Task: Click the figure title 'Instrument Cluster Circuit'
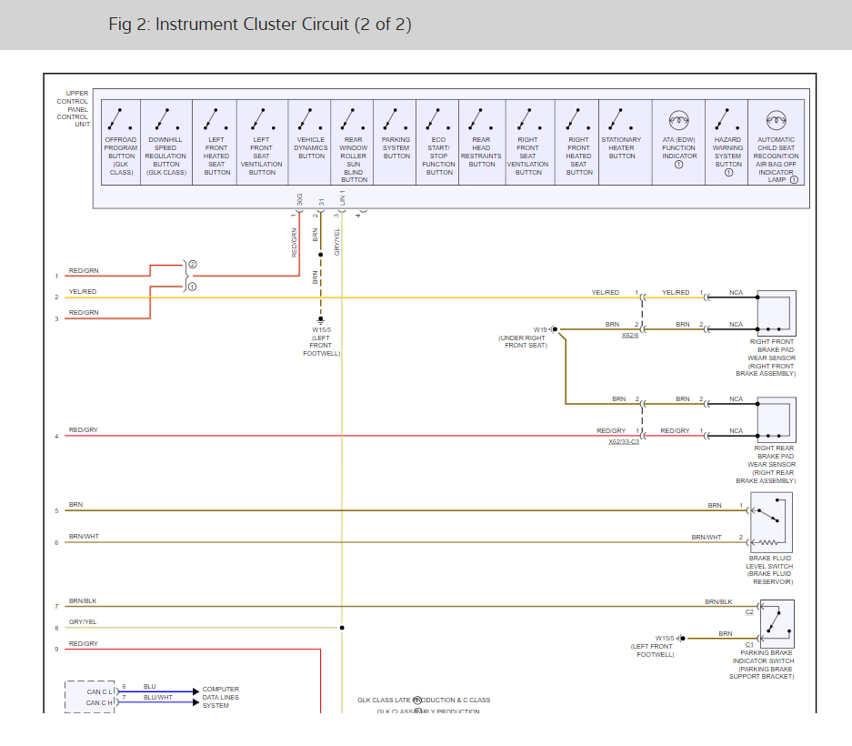click(x=260, y=25)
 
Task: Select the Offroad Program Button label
click(x=121, y=156)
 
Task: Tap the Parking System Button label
click(x=396, y=147)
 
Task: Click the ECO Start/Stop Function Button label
click(x=439, y=156)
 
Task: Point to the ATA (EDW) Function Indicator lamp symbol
click(x=678, y=118)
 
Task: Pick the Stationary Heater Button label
click(x=621, y=147)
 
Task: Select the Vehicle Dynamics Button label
click(x=311, y=147)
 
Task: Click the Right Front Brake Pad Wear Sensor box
click(x=776, y=312)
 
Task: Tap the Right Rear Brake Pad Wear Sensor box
click(x=776, y=418)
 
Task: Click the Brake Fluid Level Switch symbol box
click(x=770, y=521)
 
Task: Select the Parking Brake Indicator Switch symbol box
click(x=775, y=623)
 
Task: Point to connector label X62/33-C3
click(x=624, y=441)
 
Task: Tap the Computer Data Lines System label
click(x=221, y=697)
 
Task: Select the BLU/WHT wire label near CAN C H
click(x=157, y=697)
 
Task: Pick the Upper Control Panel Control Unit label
click(x=73, y=108)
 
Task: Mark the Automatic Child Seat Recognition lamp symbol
click(x=775, y=118)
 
